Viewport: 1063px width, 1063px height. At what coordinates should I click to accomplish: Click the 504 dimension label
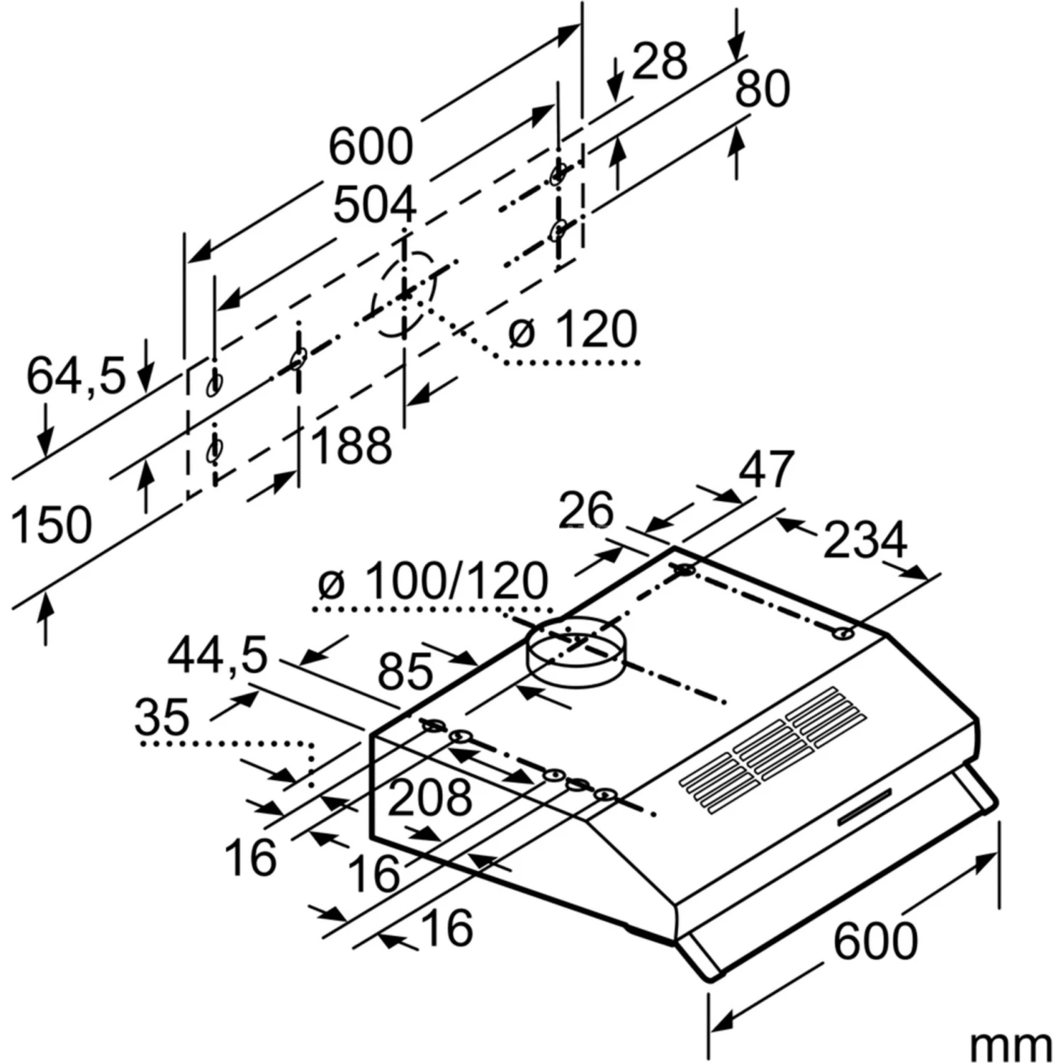coord(374,206)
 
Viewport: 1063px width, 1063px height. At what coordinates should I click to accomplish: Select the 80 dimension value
coord(762,89)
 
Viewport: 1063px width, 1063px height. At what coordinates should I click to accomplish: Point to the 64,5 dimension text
coord(76,376)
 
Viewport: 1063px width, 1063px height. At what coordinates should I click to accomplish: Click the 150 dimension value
coord(52,525)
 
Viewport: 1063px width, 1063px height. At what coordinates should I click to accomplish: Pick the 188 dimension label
coord(351,446)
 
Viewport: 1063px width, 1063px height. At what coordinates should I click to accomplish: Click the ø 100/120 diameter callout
coord(433,581)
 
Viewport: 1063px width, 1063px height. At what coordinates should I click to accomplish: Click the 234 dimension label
coord(865,540)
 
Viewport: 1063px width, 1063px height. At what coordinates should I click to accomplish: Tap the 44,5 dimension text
coord(218,655)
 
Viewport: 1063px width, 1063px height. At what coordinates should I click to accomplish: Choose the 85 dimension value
coord(405,671)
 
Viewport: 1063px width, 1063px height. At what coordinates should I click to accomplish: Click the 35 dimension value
coord(162,716)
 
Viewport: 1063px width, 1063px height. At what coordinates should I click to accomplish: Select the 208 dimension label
coord(429,797)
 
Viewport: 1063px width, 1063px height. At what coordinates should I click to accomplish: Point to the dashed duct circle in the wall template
coord(405,293)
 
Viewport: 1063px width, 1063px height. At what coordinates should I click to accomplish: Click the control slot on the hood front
coord(865,808)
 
